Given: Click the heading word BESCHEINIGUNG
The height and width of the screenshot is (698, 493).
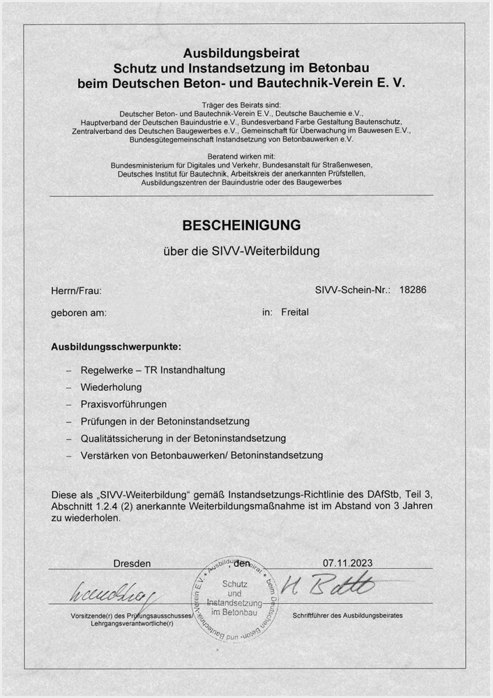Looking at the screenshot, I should point(241,225).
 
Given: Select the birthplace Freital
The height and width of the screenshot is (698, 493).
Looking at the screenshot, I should point(294,312).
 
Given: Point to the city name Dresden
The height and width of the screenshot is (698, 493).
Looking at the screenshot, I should point(132,563).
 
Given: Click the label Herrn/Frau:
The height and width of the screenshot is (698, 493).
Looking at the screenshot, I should point(77,290).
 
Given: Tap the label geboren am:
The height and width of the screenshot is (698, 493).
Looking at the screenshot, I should point(79,313).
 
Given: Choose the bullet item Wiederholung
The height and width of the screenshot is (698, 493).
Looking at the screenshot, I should point(111,387).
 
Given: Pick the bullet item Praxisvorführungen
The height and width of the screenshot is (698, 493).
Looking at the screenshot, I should point(123,404).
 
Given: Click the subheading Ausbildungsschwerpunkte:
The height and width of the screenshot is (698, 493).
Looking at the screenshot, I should point(116,346).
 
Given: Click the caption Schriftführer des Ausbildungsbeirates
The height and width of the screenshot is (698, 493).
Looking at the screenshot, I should point(348,616).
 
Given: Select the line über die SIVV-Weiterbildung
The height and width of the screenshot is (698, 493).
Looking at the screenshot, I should point(241,251).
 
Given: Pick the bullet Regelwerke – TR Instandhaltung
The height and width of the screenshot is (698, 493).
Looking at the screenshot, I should point(153,369).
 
